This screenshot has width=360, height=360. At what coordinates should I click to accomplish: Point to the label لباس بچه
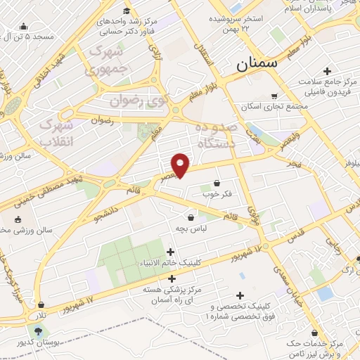tap(191, 229)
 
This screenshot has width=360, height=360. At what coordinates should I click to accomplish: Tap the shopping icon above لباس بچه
tap(191, 218)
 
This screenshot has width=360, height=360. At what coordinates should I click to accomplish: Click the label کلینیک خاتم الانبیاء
tap(171, 263)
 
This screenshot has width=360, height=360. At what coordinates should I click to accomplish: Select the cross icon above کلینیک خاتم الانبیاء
tap(171, 252)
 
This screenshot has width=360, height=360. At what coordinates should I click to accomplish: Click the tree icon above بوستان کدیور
tap(37, 330)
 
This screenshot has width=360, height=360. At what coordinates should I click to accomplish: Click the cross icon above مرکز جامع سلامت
tap(328, 71)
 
